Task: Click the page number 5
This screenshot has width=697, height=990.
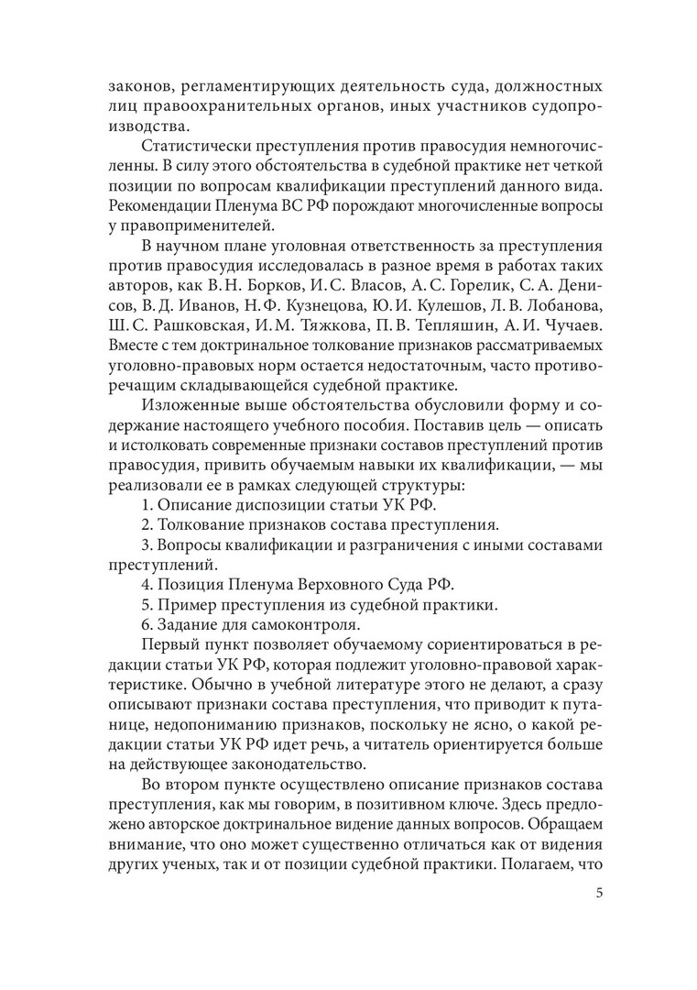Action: [x=597, y=894]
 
